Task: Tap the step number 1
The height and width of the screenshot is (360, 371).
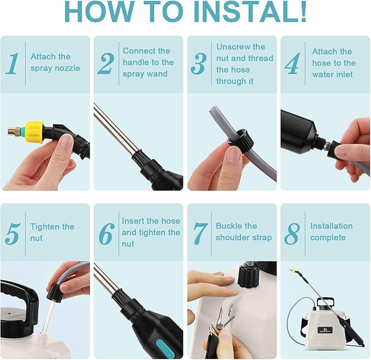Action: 13,63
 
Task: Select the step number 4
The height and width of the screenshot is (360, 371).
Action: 292,64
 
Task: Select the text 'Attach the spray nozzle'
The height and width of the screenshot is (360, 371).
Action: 55,62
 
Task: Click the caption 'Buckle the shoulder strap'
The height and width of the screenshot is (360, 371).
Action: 243,232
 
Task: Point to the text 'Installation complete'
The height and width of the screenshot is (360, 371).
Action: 331,232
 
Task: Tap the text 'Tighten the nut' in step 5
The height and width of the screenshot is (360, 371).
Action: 52,232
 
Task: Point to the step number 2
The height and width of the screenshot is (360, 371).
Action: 105,64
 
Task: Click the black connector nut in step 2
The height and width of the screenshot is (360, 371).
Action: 144,163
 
